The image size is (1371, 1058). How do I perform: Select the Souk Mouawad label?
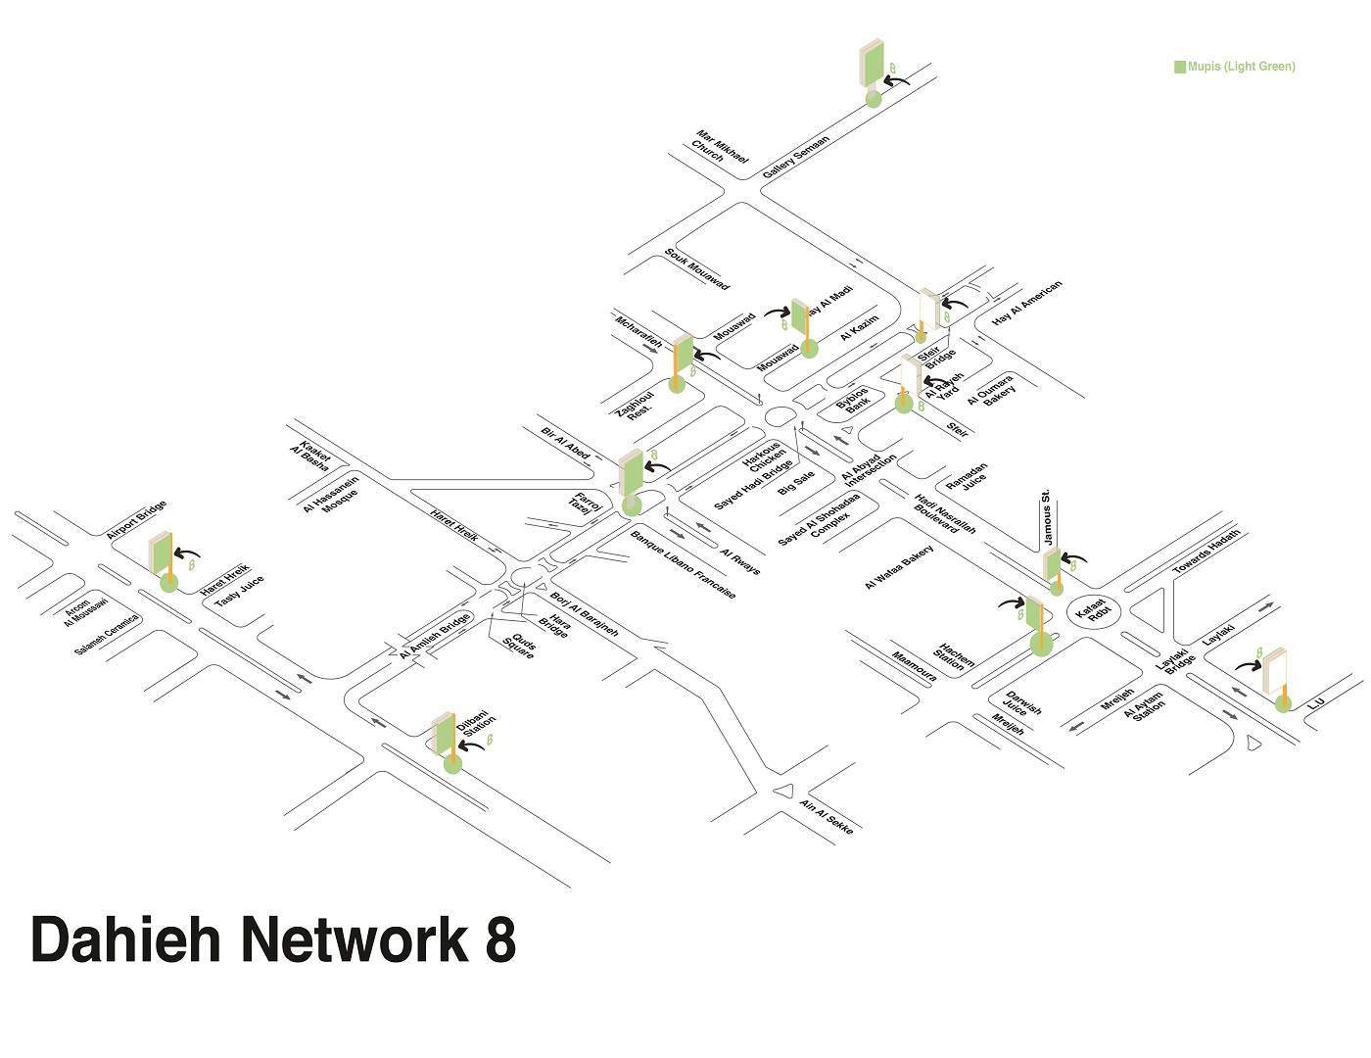point(697,268)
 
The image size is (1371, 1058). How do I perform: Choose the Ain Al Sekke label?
point(827,817)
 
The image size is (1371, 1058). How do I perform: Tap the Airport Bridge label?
point(136,520)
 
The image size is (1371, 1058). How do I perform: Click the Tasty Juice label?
point(239,591)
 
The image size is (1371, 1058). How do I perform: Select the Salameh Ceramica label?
point(107,635)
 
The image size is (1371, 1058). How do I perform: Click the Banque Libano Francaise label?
point(683,565)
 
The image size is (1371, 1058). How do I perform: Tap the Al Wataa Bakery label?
point(899,567)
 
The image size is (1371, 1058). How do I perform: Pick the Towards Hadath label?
point(1206,552)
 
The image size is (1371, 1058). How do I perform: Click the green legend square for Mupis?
point(1180,67)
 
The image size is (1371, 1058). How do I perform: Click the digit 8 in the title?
point(499,939)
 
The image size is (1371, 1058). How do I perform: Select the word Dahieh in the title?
point(126,939)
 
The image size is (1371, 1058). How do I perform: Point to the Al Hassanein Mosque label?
point(331,494)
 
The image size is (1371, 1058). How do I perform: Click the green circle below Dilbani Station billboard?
point(452,764)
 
